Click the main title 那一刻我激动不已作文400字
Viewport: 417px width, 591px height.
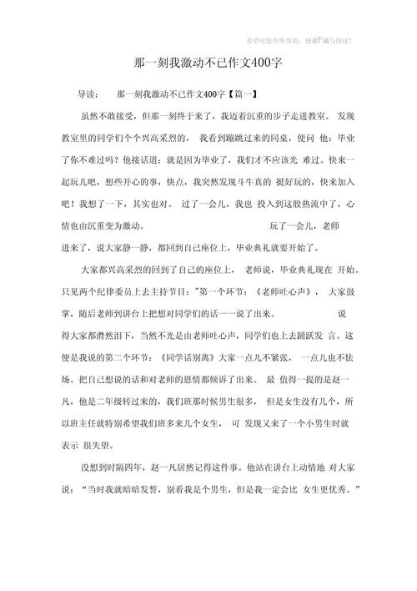(209, 63)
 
